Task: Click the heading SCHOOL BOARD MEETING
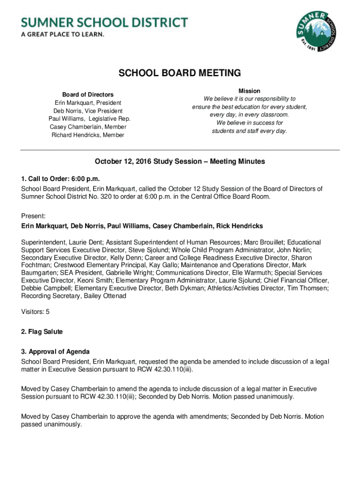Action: (180, 73)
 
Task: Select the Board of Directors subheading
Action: (88, 94)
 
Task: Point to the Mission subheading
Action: (249, 91)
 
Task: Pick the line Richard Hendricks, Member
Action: (88, 135)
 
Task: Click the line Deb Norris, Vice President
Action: (88, 111)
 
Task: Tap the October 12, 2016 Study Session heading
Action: (180, 161)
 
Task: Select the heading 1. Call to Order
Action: (61, 179)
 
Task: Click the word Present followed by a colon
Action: (33, 216)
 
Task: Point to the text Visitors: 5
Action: (36, 312)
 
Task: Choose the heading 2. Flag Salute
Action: (42, 332)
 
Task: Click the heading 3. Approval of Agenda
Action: (55, 351)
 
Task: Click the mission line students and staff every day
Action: (249, 131)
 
